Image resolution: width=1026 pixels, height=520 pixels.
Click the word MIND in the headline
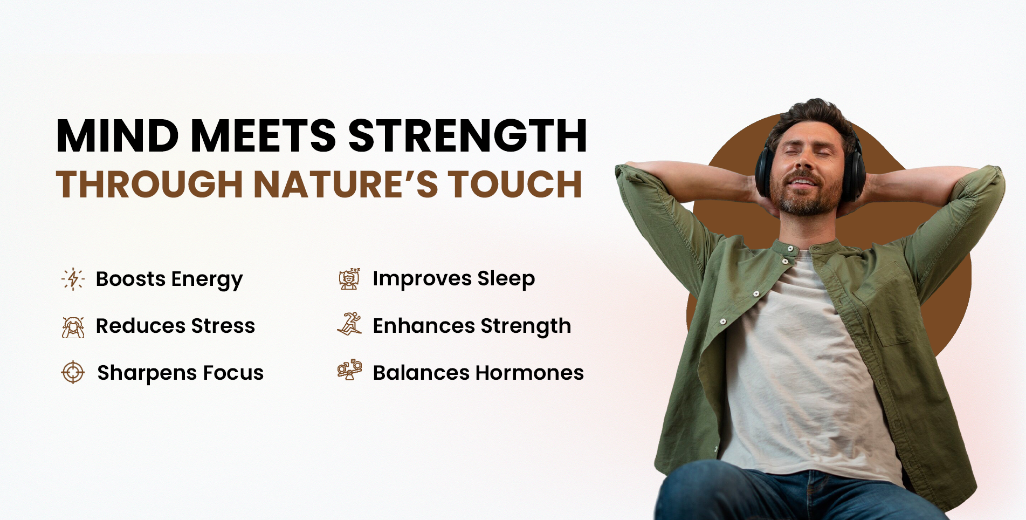point(118,135)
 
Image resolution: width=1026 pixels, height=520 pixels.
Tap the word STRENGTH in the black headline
point(467,135)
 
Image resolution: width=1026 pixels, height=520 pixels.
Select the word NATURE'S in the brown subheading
point(346,184)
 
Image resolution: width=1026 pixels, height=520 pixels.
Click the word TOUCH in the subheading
point(515,184)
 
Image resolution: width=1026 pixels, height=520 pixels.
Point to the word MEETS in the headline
point(264,135)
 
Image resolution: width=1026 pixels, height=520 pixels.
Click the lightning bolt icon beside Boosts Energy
point(73,279)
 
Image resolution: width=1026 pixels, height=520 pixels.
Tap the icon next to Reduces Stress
point(73,327)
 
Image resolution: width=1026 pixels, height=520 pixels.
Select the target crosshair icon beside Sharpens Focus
point(73,372)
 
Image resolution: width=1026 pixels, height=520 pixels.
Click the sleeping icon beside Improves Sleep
point(349,279)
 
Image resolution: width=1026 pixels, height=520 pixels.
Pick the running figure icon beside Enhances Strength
point(349,324)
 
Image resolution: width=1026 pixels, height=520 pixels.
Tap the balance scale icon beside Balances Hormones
point(349,370)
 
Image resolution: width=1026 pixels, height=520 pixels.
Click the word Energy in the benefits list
point(207,280)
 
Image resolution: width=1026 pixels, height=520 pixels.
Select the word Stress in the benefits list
point(223,326)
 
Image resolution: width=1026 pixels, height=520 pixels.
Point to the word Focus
point(233,373)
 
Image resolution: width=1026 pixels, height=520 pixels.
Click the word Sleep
point(506,279)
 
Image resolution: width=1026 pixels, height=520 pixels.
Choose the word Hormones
point(530,373)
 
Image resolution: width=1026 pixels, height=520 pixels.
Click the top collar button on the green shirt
point(790,249)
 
